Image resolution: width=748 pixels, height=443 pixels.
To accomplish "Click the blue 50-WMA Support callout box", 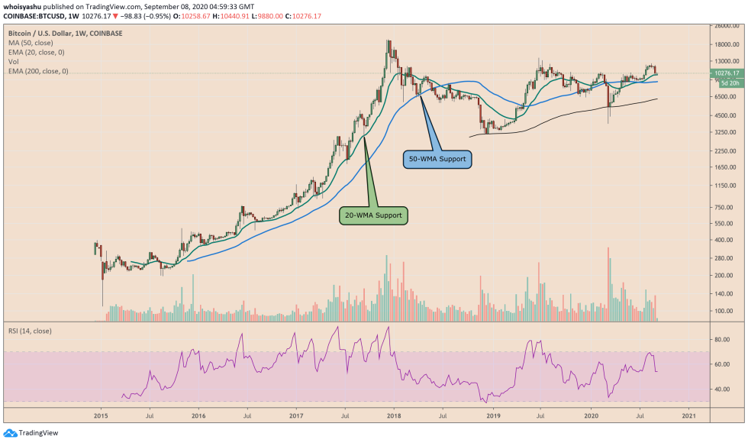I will tap(436, 160).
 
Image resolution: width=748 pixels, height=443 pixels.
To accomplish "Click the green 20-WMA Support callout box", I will tap(374, 215).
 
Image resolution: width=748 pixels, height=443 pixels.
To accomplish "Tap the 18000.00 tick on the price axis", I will tap(723, 44).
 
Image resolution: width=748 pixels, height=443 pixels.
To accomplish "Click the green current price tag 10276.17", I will tap(724, 73).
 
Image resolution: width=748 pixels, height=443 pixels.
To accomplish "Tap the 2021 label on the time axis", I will tap(688, 416).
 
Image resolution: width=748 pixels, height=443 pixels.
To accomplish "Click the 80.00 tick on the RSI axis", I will tap(720, 339).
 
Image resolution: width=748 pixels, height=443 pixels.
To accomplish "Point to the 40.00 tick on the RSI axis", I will tap(720, 389).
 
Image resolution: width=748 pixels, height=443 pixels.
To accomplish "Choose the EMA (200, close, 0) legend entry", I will tap(38, 71).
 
